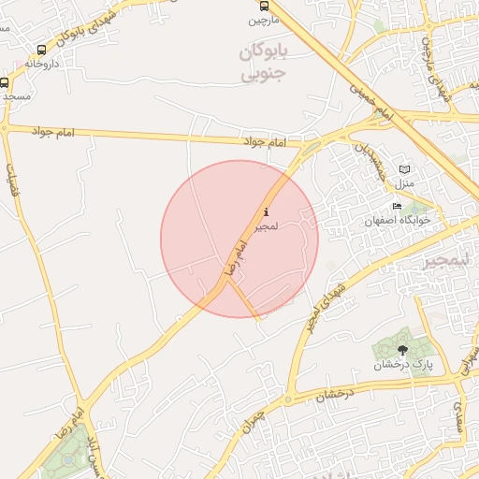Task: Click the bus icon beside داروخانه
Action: [x=41, y=50]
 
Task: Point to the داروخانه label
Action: [x=41, y=64]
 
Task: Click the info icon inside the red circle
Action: [x=268, y=212]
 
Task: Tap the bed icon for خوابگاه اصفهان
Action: [x=398, y=207]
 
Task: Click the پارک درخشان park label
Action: [x=405, y=365]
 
